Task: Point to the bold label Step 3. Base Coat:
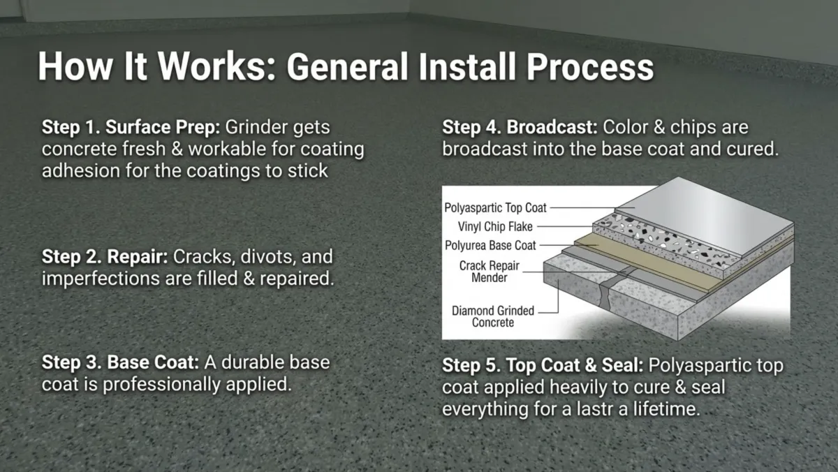[x=122, y=364]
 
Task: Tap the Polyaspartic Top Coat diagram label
[x=495, y=207]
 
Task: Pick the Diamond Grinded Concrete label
[x=493, y=316]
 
